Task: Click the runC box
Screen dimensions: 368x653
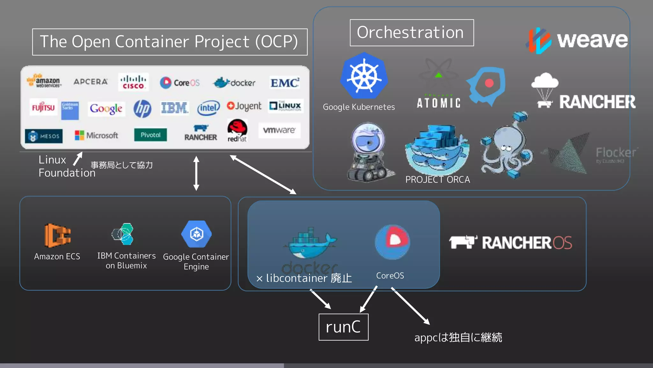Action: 343,327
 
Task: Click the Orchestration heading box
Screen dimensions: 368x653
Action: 411,33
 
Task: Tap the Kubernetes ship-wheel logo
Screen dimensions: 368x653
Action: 364,76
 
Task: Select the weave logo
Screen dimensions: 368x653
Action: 577,40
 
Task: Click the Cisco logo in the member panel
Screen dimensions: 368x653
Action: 133,82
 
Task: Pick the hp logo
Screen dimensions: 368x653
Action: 142,109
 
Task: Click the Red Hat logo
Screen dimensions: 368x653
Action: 237,130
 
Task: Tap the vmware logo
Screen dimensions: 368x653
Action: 279,130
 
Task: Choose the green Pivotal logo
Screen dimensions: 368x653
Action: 150,135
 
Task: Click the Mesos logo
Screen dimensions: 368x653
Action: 44,136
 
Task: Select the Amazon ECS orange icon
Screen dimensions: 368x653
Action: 57,235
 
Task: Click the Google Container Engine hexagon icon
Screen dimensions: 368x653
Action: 196,234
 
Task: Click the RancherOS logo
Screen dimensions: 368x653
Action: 510,242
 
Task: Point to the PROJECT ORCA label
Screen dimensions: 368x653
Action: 437,180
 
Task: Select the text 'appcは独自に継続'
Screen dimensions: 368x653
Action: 458,337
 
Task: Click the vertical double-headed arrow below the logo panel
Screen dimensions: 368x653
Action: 196,173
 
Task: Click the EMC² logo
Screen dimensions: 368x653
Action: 284,83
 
